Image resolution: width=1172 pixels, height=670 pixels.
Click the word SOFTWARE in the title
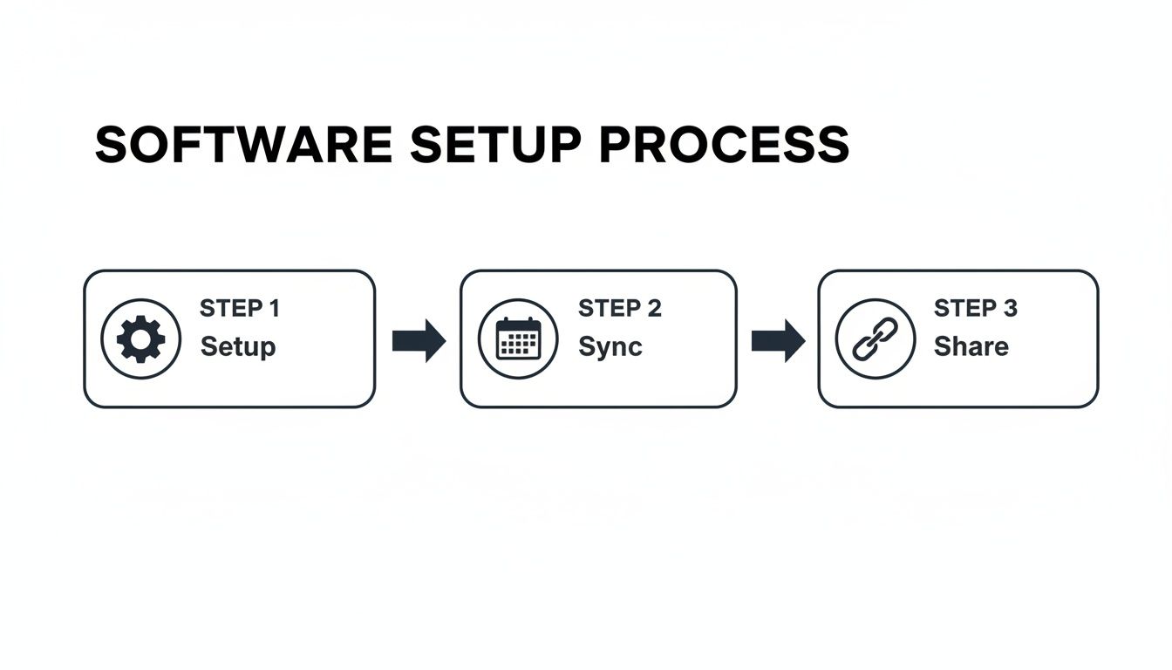point(243,145)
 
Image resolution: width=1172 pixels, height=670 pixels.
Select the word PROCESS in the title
point(724,145)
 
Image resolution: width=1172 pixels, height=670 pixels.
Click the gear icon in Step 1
point(140,338)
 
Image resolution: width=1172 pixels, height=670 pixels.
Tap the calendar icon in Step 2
point(518,338)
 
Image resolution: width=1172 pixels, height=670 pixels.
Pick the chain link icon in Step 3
point(875,338)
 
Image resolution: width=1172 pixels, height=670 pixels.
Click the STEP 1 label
point(240,308)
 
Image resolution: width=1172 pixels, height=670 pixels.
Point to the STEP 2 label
point(619,308)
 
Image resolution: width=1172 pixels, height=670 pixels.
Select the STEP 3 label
point(975,308)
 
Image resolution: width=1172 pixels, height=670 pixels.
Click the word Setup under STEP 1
point(238,346)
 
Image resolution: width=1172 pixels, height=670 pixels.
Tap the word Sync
point(610,346)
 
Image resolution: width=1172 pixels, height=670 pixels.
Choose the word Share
point(971,346)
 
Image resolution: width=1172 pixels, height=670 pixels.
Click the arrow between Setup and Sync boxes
point(419,340)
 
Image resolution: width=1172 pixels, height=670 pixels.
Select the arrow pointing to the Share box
point(778,340)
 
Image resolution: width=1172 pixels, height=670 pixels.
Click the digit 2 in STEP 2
point(654,308)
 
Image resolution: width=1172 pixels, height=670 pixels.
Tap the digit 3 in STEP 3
point(1010,308)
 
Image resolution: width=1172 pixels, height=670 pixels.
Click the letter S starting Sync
point(586,346)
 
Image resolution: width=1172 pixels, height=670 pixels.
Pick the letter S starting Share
point(943,346)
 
